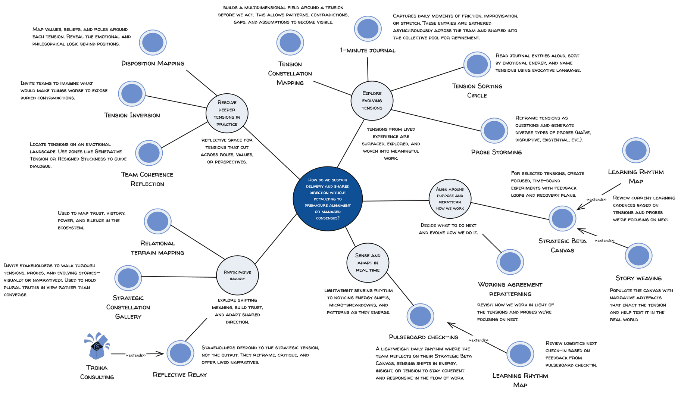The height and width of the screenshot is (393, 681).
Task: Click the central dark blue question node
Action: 328,199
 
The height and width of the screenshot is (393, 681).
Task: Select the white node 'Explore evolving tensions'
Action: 372,101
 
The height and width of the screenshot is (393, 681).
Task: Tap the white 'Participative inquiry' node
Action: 237,275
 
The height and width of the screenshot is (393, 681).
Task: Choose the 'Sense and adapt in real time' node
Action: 368,263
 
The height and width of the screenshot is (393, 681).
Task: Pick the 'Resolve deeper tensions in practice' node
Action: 227,113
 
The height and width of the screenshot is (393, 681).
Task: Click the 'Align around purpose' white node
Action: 450,199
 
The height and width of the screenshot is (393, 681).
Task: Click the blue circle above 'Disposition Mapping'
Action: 153,42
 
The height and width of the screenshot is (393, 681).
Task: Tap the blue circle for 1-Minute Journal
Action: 368,28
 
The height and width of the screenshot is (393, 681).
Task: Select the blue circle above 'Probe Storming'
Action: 494,130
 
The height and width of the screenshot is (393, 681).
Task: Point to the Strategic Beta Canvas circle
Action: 562,218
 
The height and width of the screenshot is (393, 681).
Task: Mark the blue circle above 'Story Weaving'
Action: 638,256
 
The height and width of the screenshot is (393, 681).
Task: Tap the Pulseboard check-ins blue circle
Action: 420,316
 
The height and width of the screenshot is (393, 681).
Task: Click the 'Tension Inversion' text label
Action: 132,115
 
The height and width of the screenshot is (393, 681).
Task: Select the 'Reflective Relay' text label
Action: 179,375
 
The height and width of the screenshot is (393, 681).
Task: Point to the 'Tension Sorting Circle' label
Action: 477,91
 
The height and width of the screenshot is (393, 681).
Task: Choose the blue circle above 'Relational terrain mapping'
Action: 157,221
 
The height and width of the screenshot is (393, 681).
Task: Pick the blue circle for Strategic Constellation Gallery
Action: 128,278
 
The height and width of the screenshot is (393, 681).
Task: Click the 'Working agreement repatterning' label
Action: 510,289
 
